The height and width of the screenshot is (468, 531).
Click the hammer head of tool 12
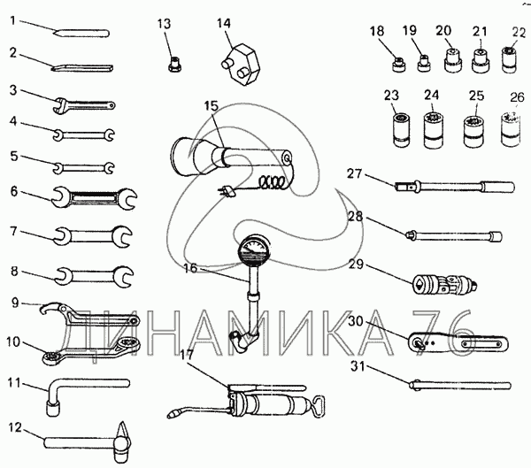click(122, 443)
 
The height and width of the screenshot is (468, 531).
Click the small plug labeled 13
click(174, 64)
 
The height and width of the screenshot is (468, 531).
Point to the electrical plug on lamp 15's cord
click(227, 191)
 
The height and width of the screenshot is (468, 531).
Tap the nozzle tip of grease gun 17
click(173, 415)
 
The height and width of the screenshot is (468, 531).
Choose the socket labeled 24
click(434, 131)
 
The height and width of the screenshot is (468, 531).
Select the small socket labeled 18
click(398, 65)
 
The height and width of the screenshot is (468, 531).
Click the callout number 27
click(354, 173)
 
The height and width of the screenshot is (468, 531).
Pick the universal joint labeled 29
click(444, 285)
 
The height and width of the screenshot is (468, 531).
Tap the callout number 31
click(358, 366)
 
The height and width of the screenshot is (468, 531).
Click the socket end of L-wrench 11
click(52, 409)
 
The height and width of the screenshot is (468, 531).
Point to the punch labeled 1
click(81, 34)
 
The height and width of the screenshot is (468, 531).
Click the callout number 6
click(14, 192)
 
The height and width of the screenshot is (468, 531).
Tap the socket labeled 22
click(509, 59)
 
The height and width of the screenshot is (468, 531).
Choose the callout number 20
click(443, 31)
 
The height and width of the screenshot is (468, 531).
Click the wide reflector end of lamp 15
click(186, 157)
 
